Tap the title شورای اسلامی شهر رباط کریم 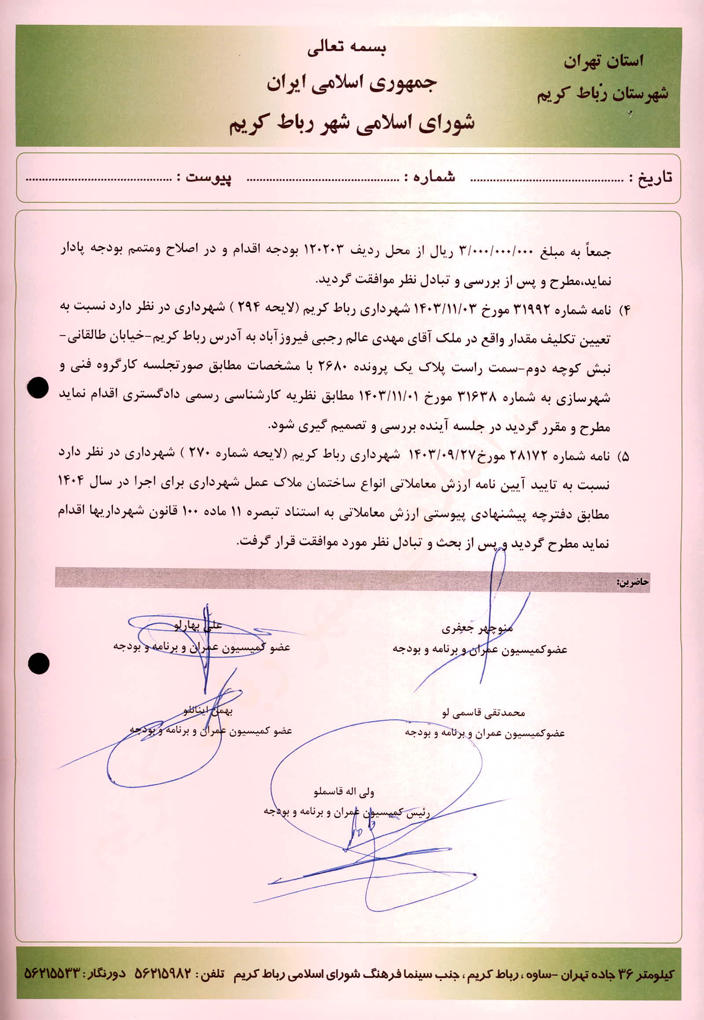[352, 123]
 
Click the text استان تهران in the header [603, 61]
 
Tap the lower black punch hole [39, 663]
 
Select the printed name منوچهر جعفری [477, 629]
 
